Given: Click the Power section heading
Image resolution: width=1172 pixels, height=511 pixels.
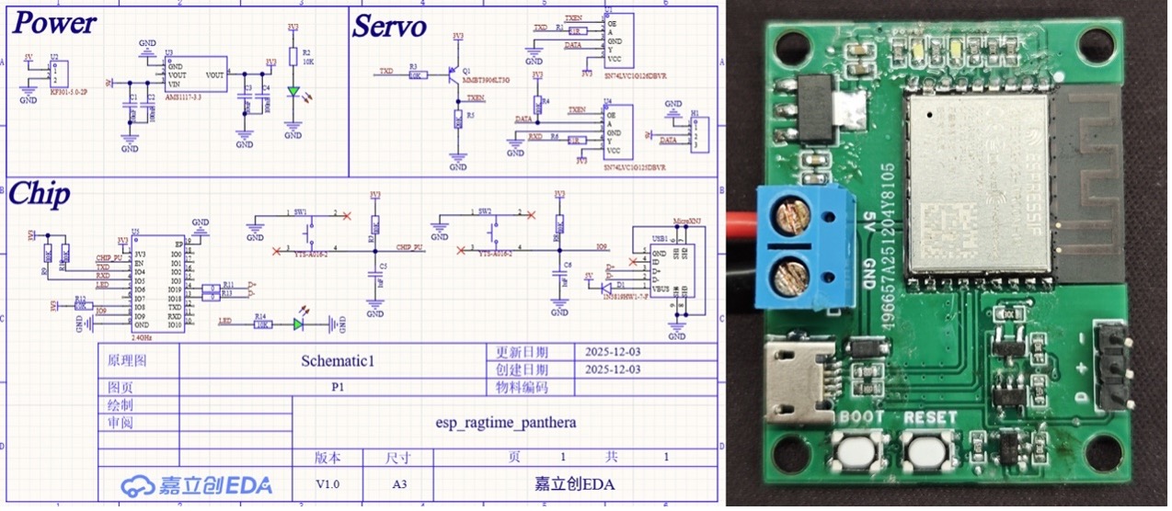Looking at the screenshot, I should [x=53, y=23].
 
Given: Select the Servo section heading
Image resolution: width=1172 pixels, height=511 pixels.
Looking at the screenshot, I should [x=389, y=27].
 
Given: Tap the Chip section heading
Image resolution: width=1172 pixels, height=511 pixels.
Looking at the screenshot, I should [x=39, y=195].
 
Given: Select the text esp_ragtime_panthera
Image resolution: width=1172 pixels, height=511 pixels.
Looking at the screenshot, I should [x=505, y=424].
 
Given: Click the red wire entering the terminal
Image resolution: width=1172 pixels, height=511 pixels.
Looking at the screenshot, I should [x=742, y=223].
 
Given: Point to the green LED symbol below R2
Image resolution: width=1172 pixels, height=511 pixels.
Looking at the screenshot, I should [x=293, y=92].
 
